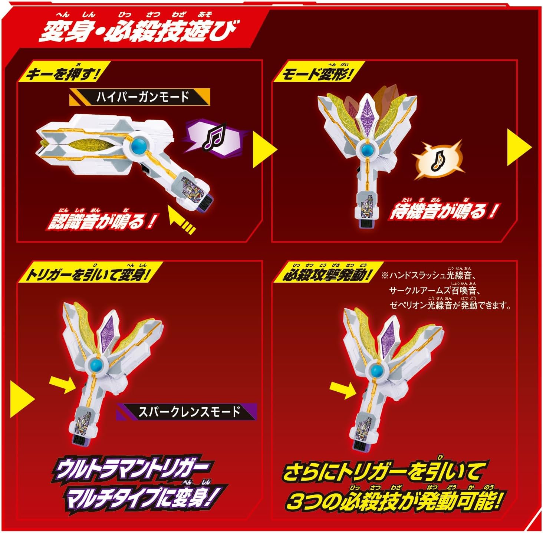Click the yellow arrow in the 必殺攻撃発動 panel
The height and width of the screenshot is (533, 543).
[x=342, y=391]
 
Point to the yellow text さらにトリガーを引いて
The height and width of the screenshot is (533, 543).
[x=384, y=471]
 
